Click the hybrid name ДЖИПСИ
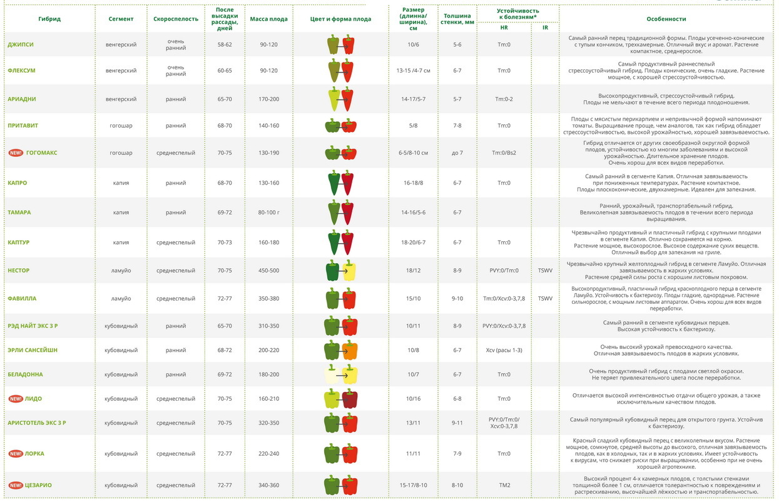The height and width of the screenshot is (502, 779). point(21,45)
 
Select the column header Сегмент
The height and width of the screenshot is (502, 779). point(121,19)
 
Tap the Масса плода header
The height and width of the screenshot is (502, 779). point(268,19)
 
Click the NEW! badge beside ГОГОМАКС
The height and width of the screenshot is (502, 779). point(16,153)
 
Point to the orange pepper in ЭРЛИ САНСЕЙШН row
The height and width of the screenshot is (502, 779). point(350,350)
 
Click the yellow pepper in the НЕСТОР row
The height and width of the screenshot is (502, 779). point(349,271)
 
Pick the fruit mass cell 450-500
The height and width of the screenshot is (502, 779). point(268,271)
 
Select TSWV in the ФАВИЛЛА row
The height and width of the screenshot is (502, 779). point(545,298)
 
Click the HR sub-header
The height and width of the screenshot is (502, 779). point(504,28)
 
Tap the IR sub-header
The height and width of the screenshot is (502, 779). point(545,28)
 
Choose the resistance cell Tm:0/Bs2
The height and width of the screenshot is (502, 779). point(504,153)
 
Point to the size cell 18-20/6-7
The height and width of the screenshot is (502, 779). point(413,242)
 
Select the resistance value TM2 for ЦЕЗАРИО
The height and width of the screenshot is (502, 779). point(504,485)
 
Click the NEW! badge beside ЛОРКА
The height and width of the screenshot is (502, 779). point(16,453)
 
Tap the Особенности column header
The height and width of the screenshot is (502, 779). point(666,19)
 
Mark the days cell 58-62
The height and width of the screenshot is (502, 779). point(225,45)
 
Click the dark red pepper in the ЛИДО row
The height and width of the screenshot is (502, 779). point(350,399)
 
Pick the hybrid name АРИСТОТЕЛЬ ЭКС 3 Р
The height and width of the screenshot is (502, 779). point(36,423)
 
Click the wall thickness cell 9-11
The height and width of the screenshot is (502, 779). point(457,423)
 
